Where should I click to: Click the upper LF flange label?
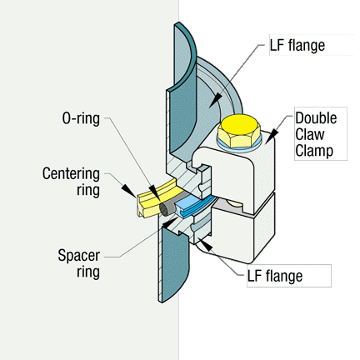[x=297, y=45]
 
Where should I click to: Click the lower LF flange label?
[x=275, y=276]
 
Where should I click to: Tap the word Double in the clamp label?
[x=316, y=118]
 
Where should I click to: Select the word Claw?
[x=310, y=134]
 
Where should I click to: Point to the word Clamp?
[x=314, y=152]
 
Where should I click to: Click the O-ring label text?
[x=81, y=119]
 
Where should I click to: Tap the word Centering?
[x=71, y=174]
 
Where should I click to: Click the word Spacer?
[x=79, y=255]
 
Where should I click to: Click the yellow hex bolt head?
[x=239, y=131]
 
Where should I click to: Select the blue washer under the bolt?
[x=239, y=147]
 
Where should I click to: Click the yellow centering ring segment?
[x=156, y=197]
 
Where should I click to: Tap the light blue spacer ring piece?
[x=192, y=207]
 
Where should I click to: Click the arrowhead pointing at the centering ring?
[x=129, y=191]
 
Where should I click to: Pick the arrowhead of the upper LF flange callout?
[x=215, y=101]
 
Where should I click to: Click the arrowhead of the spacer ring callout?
[x=172, y=222]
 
